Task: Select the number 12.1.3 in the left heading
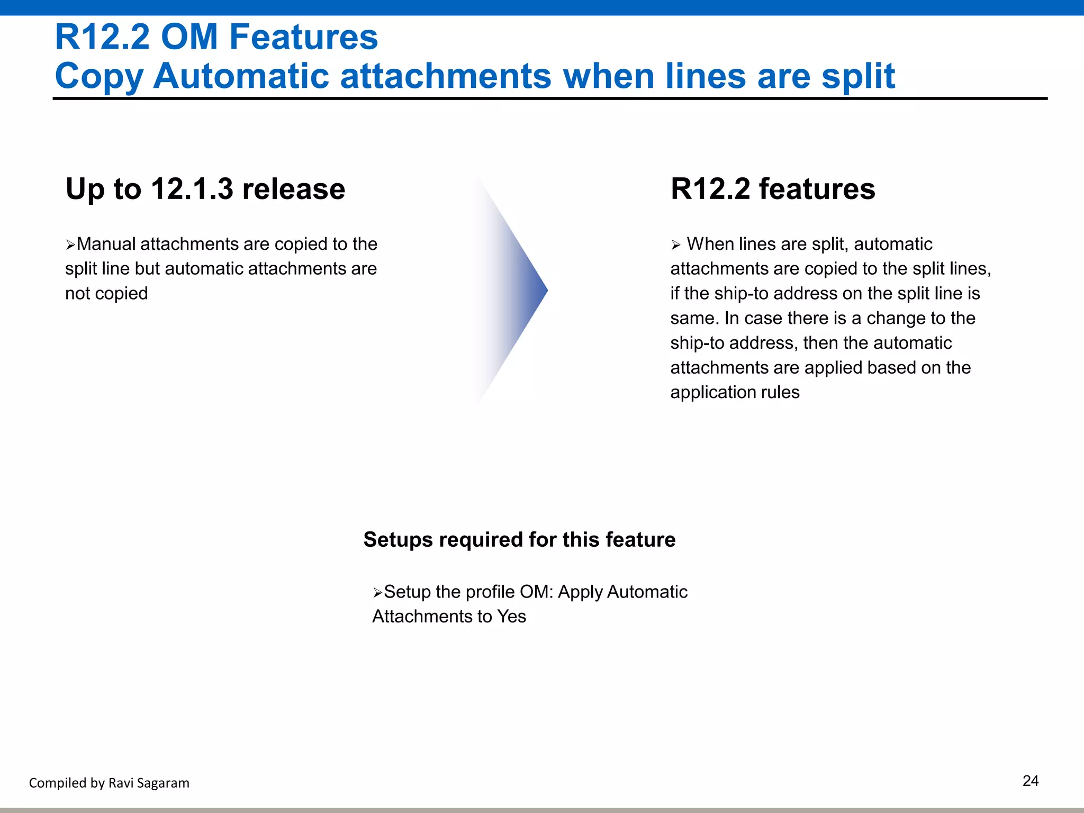(192, 189)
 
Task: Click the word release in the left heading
(293, 189)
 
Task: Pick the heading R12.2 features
(772, 189)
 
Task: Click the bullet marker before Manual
(70, 245)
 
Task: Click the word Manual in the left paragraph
(106, 244)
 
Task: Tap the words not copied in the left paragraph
(106, 293)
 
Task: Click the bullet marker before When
(675, 245)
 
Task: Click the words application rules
(735, 392)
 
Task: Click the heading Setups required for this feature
(519, 540)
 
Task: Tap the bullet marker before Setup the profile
(377, 593)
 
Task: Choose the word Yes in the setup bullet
(511, 617)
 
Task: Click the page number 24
(1030, 781)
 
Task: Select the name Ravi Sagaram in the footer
(149, 783)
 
